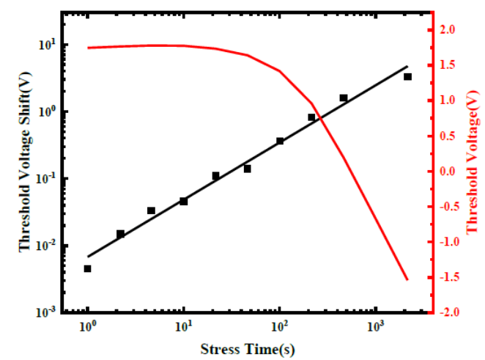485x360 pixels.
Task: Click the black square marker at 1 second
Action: click(87, 269)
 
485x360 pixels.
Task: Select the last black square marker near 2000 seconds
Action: click(407, 77)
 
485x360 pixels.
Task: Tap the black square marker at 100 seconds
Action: click(280, 141)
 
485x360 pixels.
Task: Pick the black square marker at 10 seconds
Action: click(183, 202)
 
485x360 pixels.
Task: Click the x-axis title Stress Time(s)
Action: click(248, 349)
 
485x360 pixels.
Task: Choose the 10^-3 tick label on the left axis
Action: click(47, 312)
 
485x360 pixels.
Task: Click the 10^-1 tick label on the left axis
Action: click(47, 178)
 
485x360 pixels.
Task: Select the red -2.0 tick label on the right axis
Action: click(445, 312)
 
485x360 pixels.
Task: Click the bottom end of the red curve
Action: click(407, 279)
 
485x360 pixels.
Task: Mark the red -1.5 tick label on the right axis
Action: click(445, 277)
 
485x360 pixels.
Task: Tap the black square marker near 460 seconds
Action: click(344, 98)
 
